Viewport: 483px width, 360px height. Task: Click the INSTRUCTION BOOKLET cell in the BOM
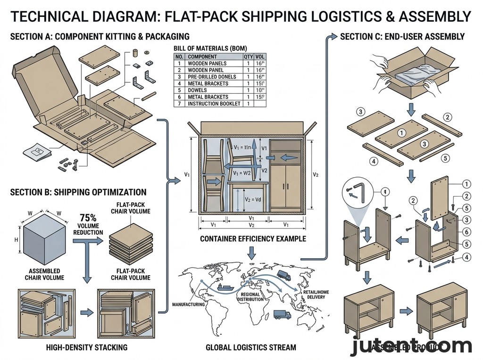[x=214, y=104]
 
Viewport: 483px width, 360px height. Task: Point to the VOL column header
[x=259, y=56]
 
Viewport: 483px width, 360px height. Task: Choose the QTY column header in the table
[x=248, y=56]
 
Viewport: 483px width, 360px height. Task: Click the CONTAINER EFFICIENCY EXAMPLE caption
[x=253, y=239]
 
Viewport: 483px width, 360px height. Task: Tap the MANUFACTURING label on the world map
[x=189, y=304]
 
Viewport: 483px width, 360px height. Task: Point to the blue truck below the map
[x=282, y=314]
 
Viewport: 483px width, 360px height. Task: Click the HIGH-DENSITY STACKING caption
[x=87, y=348]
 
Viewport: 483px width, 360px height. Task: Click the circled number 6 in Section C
[x=466, y=232]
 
